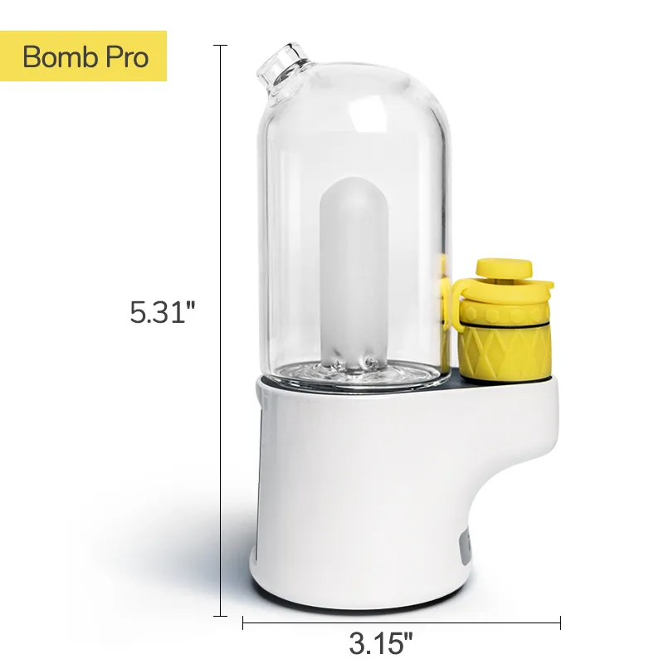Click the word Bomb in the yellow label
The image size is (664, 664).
pos(56,56)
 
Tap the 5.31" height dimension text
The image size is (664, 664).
pos(162,312)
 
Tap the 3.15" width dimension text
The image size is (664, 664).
pos(381,642)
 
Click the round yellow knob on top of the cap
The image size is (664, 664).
pos(504,267)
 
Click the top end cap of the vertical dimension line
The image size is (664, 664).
pos(220,45)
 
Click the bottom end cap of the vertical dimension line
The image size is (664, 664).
pos(220,615)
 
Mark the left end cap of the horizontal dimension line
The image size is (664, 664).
pos(242,622)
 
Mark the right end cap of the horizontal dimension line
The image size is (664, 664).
pos(561,622)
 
